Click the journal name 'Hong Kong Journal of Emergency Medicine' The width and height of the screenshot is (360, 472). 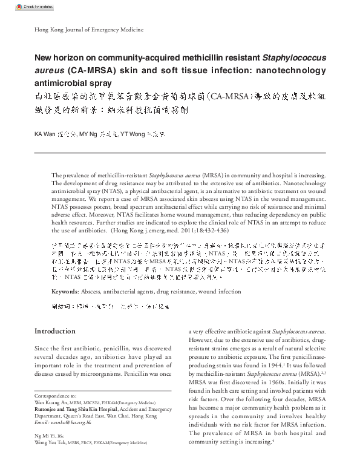[76, 30]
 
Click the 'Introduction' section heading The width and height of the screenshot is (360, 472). [55, 331]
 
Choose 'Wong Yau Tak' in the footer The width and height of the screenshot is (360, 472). [51, 442]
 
